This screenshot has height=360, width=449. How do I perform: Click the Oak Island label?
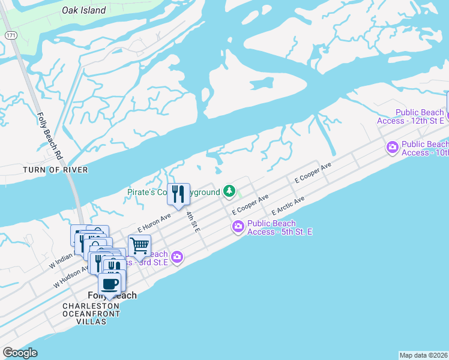click(x=84, y=10)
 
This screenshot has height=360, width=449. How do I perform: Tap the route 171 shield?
click(x=11, y=36)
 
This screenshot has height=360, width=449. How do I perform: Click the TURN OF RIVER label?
click(x=55, y=170)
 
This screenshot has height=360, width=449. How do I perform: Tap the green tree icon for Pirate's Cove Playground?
click(x=229, y=191)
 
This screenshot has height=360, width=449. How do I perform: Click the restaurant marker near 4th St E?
click(x=178, y=194)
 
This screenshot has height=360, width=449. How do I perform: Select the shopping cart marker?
click(x=139, y=245)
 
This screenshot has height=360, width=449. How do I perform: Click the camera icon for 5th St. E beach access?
click(x=238, y=226)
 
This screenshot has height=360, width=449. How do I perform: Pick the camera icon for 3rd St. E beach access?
click(x=176, y=257)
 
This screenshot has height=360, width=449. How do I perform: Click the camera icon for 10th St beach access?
click(x=393, y=147)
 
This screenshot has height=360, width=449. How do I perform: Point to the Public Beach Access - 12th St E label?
click(x=411, y=116)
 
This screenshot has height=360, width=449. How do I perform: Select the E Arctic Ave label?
click(x=288, y=206)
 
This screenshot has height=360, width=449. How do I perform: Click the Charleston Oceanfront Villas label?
click(x=92, y=314)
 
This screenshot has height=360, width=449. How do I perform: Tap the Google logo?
click(x=20, y=353)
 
